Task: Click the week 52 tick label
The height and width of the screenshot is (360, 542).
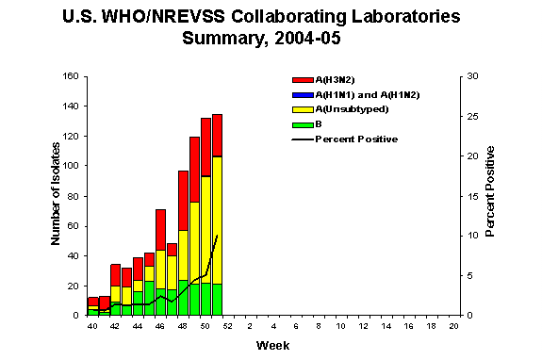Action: click(x=228, y=325)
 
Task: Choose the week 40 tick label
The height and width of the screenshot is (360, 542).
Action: click(x=92, y=325)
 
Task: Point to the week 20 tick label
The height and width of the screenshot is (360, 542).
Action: click(x=454, y=325)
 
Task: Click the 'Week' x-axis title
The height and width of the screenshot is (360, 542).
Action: click(x=268, y=345)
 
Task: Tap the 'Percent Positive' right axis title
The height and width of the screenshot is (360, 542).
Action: click(x=490, y=195)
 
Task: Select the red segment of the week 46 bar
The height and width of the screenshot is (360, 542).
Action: click(x=160, y=230)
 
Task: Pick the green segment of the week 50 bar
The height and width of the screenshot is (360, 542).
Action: click(x=205, y=299)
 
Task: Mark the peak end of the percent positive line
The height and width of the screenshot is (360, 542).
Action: click(x=218, y=236)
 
